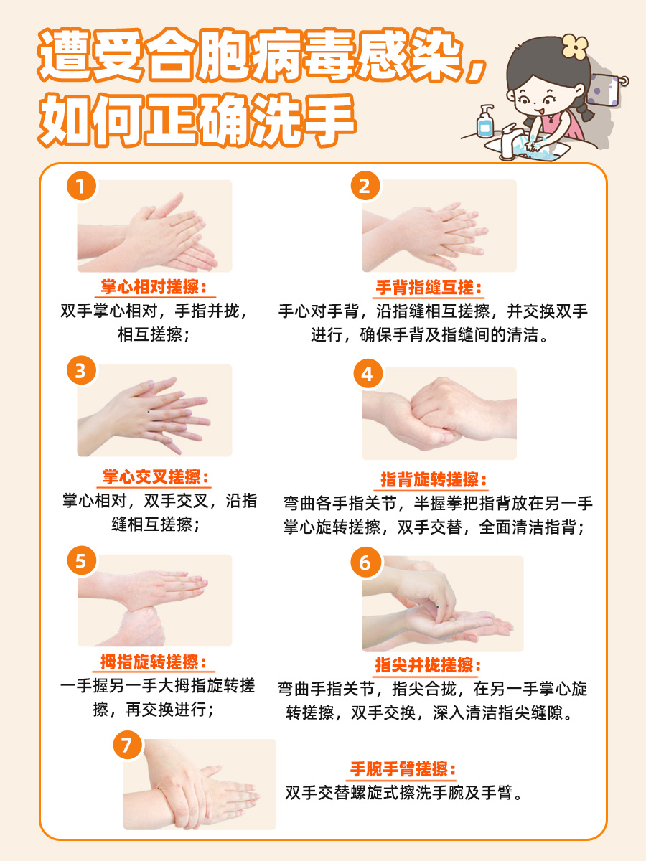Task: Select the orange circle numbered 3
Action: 81,371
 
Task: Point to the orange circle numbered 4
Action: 367,374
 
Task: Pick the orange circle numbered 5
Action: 81,560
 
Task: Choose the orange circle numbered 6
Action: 365,563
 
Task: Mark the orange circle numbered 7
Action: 127,746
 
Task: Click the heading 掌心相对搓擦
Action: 154,287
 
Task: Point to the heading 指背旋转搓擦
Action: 434,480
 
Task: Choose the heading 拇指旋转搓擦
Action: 154,662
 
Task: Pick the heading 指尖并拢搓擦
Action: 428,665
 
